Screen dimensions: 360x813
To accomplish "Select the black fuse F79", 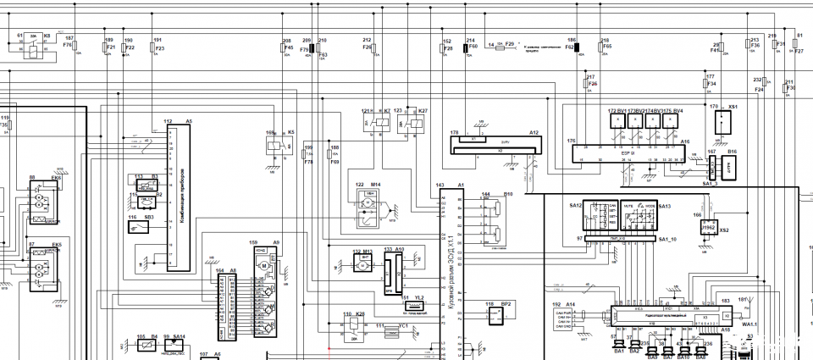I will (x=312, y=49).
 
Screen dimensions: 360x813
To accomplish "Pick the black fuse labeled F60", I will (x=466, y=49).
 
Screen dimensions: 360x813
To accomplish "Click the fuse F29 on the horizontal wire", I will (x=500, y=48).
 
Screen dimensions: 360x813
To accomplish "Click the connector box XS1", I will (x=719, y=122).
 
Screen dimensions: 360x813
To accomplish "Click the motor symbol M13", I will (x=362, y=265).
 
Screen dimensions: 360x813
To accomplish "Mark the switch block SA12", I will (x=600, y=216).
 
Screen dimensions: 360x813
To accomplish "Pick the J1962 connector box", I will (x=710, y=229).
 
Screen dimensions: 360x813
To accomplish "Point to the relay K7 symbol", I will (x=373, y=124).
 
